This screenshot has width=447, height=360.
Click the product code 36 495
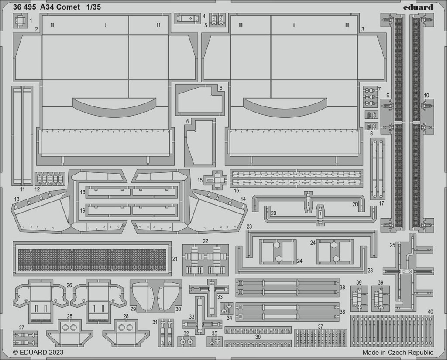tap(24, 7)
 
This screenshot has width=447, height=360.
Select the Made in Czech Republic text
tap(398, 352)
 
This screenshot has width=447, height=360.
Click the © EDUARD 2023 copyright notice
tap(38, 352)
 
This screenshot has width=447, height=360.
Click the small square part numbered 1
tap(21, 21)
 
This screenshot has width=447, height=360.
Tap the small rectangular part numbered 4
tap(187, 18)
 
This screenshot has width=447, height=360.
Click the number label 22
tap(206, 241)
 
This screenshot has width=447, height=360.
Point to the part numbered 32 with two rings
tap(186, 341)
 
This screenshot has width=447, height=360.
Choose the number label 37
tap(320, 326)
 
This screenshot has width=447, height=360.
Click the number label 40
tap(430, 312)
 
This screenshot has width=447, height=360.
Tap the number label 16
tap(236, 191)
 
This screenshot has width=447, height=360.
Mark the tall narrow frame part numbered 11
tap(22, 135)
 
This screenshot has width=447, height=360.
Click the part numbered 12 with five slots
tap(50, 178)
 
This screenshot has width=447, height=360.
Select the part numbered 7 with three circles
tap(371, 96)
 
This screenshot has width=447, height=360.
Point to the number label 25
tap(392, 245)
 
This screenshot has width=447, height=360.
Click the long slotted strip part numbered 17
tap(378, 169)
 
